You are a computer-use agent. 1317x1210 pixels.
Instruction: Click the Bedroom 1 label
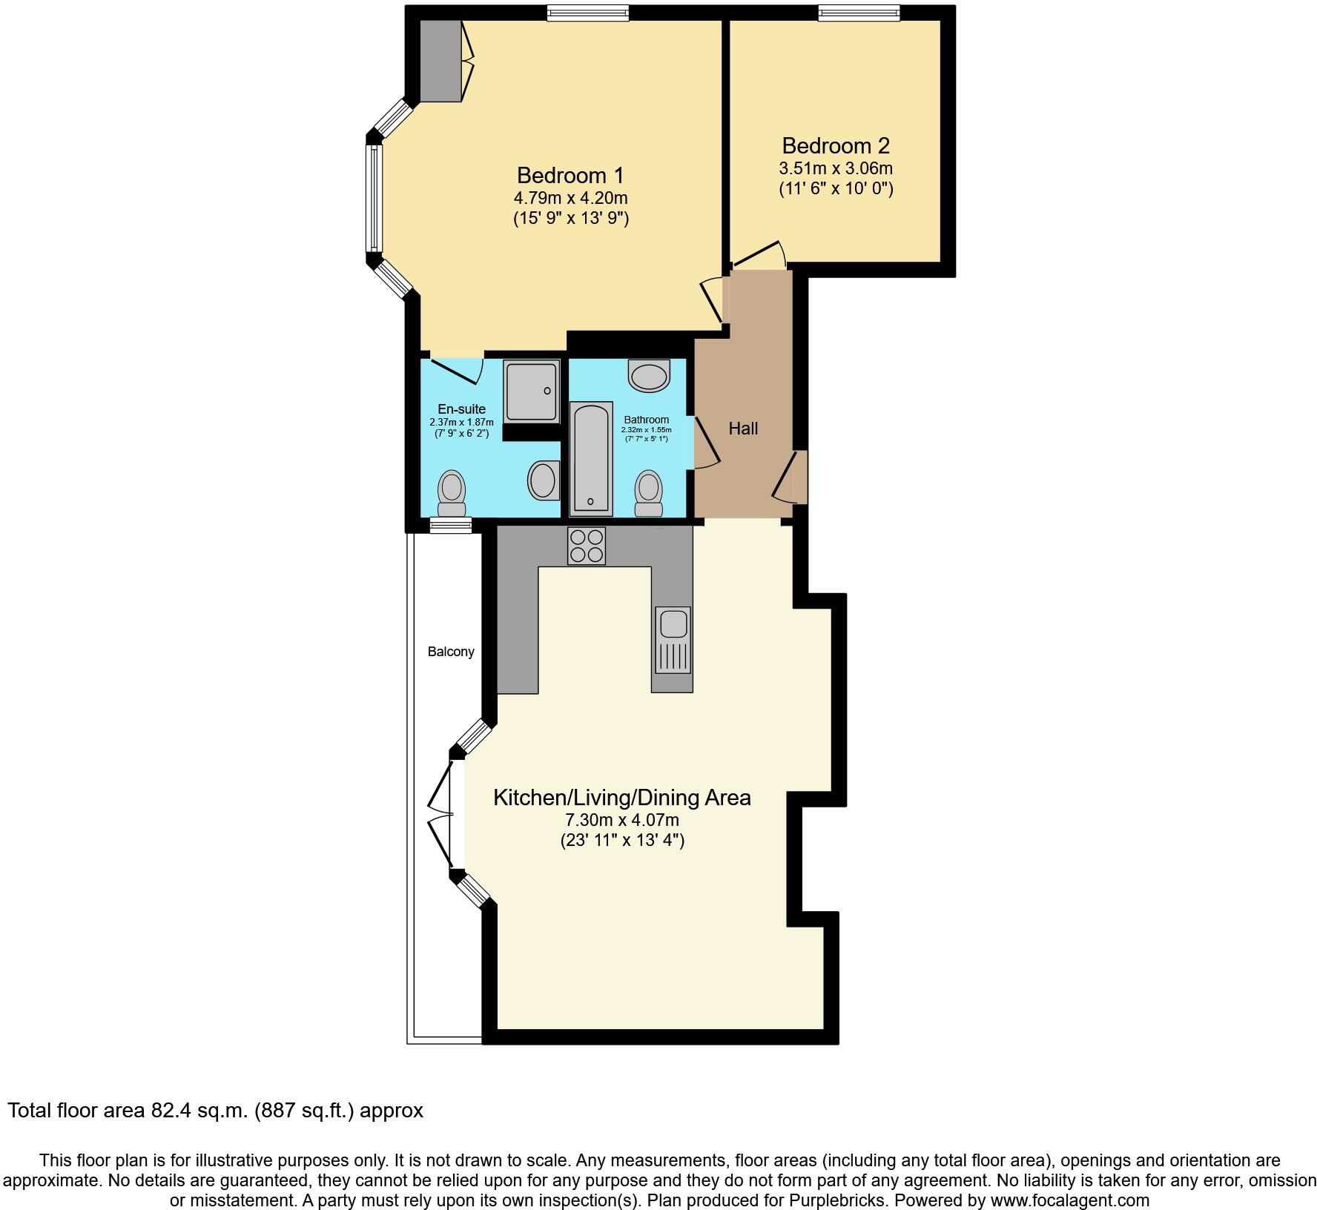(570, 176)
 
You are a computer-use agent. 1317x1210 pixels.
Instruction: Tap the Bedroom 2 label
(835, 145)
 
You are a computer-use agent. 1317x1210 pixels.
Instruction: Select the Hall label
(742, 429)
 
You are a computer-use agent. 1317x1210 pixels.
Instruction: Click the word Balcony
(450, 652)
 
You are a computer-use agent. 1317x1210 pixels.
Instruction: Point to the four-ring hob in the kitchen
(586, 546)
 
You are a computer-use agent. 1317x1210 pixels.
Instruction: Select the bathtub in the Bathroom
(591, 458)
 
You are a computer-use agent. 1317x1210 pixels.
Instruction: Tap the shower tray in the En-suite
(531, 391)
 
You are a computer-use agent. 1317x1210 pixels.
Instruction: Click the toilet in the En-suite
(452, 493)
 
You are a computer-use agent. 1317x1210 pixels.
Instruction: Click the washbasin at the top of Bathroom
(649, 374)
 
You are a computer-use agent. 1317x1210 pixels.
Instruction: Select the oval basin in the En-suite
(543, 480)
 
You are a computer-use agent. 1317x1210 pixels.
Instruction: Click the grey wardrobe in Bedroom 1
(440, 60)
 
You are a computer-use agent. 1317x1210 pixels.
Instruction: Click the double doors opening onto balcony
(441, 814)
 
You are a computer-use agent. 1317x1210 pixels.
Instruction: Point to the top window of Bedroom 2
(859, 12)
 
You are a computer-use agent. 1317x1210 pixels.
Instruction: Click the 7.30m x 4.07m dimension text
(621, 820)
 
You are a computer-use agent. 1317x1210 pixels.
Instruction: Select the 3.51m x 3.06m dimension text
(835, 168)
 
